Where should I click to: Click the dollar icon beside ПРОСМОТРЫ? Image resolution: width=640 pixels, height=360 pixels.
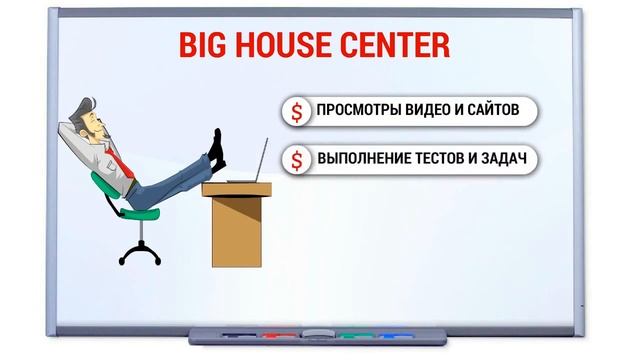tap(297, 111)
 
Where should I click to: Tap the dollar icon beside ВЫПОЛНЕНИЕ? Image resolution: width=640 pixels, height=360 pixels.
tap(297, 158)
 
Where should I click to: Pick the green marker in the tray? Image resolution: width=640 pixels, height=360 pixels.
tap(351, 335)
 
